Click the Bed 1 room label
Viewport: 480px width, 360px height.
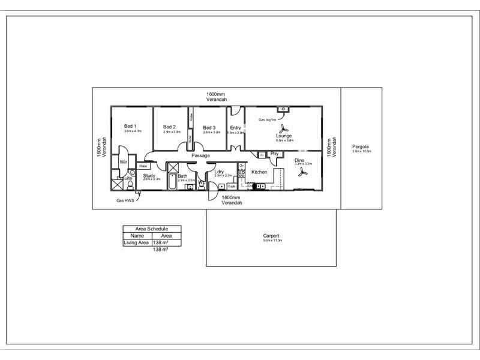pos(130,126)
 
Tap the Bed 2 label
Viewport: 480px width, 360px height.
pos(169,127)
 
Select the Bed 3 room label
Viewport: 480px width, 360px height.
pos(209,127)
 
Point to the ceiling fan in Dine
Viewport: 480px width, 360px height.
pos(303,172)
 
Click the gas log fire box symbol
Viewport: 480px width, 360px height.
pos(281,109)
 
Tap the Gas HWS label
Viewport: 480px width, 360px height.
pos(125,200)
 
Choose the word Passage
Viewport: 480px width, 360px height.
pos(200,156)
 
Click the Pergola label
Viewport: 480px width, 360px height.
pos(361,146)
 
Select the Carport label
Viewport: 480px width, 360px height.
pos(271,236)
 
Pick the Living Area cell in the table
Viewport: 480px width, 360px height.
pos(136,242)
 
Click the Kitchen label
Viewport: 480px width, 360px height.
pos(259,172)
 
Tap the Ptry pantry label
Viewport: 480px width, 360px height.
pos(275,154)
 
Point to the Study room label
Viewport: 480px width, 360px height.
pos(149,175)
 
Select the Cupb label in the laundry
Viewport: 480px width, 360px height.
pos(231,186)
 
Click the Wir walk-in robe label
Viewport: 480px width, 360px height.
pos(123,162)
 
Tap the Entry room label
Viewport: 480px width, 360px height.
pos(235,127)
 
